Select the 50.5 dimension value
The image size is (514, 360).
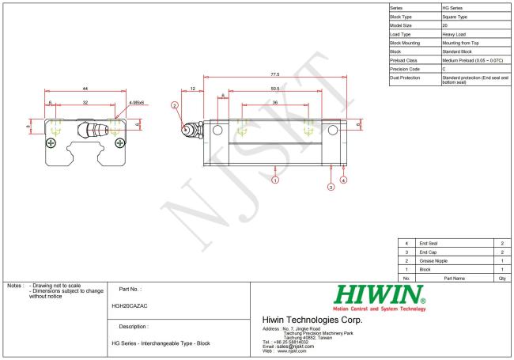point(274,89)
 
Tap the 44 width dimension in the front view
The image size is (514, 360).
point(85,89)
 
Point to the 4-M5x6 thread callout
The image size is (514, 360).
point(135,103)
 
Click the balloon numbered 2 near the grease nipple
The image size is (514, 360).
point(175,104)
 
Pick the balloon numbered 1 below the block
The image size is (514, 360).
point(275,180)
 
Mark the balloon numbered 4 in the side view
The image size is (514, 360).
point(343,180)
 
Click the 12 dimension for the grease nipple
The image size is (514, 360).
point(193,89)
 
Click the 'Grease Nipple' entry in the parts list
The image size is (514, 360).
point(433,261)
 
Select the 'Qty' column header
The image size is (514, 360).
point(502,279)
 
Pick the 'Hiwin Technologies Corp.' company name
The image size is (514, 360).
point(311,320)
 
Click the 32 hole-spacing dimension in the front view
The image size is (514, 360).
point(86,103)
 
